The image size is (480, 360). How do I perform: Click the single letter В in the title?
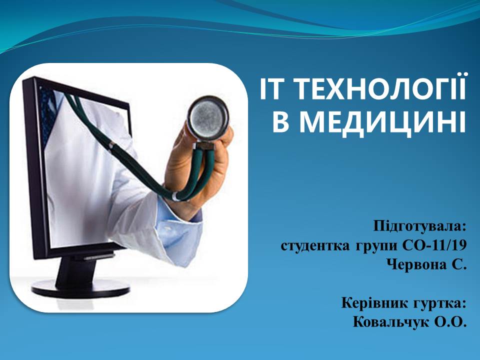coord(280,123)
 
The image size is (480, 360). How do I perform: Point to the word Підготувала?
coord(419,227)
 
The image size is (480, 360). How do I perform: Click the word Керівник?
coord(374,303)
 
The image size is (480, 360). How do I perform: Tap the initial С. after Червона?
coord(458,264)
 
